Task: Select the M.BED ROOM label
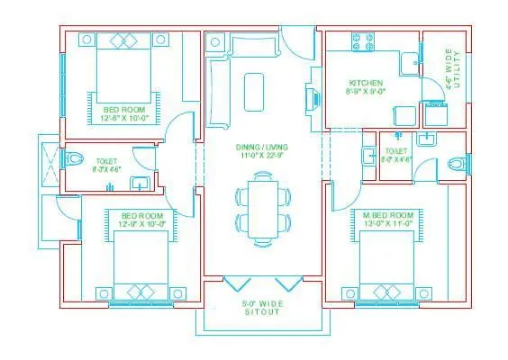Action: point(388,215)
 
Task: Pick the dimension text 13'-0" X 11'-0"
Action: point(388,225)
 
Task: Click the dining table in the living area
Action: point(263,210)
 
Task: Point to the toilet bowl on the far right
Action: point(458,163)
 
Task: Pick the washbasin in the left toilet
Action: point(141,184)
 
